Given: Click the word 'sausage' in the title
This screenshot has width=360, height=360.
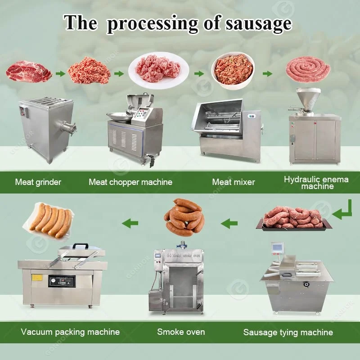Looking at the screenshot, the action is pos(259,24).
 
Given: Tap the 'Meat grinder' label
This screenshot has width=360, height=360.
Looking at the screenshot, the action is pos(38,182).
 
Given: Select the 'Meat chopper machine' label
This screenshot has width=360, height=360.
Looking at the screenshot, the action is pos(130,182).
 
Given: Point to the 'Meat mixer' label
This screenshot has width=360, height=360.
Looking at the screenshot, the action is pos(234,182).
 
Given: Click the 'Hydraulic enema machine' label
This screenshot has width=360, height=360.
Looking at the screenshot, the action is pos(316,183).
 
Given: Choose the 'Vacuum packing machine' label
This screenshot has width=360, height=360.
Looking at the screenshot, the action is pos(70,332).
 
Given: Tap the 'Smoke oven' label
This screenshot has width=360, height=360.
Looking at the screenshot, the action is pos(181,332).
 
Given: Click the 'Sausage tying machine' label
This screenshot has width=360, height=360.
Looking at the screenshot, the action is pos(288,332).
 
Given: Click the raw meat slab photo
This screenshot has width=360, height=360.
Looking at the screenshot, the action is pos(29,72).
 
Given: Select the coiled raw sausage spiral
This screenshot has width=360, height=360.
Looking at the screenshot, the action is pos(308,69).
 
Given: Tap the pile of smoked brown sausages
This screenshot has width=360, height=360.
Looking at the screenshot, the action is pos(184,217).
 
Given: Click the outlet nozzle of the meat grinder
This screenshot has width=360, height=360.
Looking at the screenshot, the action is pos(68,128).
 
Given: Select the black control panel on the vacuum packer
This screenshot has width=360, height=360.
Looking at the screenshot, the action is pos(62,281).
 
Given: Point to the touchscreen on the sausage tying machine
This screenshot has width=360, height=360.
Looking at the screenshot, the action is pos(277,247).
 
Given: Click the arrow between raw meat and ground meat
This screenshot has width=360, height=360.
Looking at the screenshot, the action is pos(60,74).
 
